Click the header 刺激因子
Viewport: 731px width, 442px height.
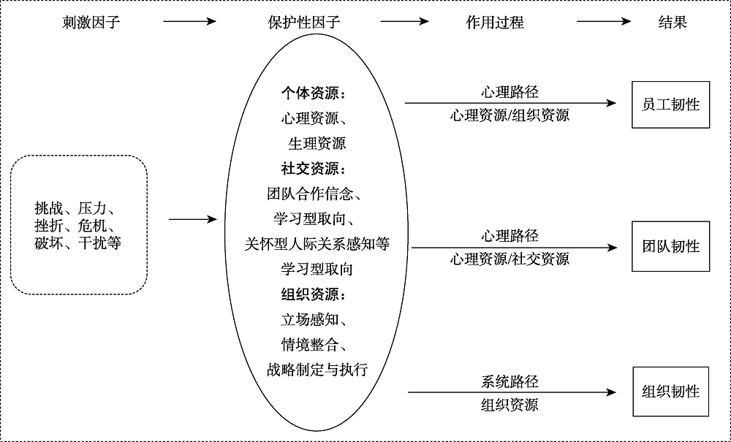[x=91, y=22]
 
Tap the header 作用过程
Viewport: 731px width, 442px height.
[x=495, y=22]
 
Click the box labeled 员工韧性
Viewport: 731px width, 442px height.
[x=670, y=104]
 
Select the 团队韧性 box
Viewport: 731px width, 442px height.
[x=670, y=246]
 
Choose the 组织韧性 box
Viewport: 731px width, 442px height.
[x=670, y=392]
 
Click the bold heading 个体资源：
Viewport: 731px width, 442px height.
[x=317, y=94]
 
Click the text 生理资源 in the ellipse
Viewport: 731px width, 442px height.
[x=317, y=143]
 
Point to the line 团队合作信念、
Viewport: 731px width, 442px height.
[x=317, y=194]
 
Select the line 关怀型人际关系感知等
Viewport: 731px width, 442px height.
[x=317, y=244]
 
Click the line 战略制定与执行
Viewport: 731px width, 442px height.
[x=317, y=370]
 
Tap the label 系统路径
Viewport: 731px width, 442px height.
[x=510, y=381]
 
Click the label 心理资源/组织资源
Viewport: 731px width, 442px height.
[x=510, y=115]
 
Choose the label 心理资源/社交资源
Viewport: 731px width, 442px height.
[x=510, y=259]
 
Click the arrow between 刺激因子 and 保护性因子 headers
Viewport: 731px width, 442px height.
[x=190, y=22]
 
